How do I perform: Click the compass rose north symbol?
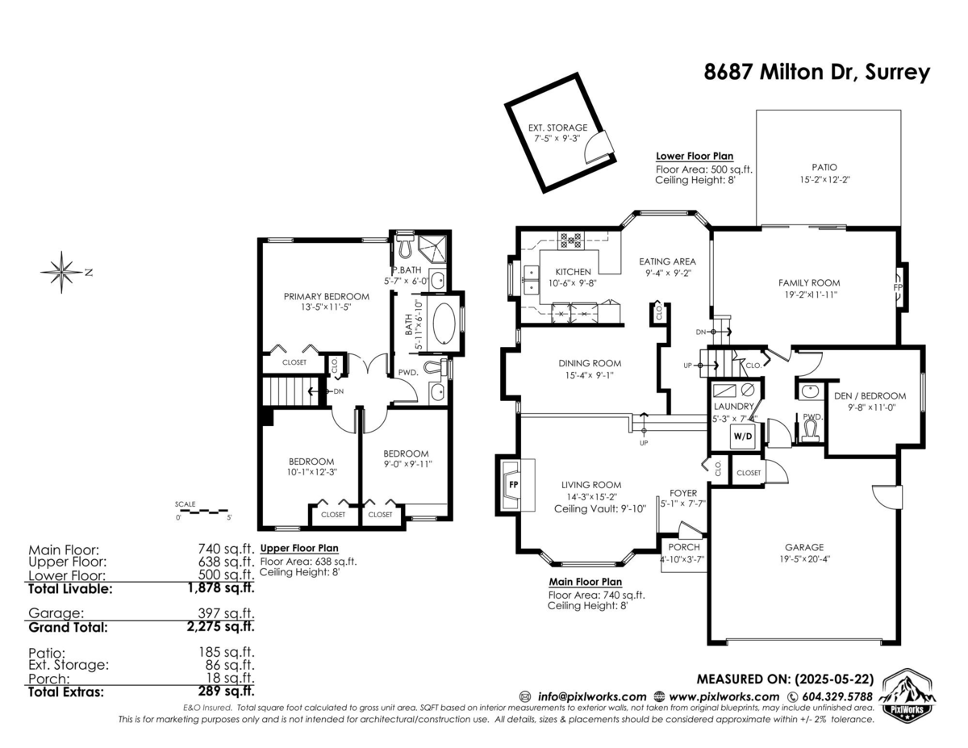pyautogui.click(x=62, y=272)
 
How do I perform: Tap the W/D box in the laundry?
pyautogui.click(x=742, y=437)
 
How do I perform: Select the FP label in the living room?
pyautogui.click(x=514, y=484)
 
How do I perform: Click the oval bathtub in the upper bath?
pyautogui.click(x=444, y=324)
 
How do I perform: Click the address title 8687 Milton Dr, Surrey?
pyautogui.click(x=816, y=72)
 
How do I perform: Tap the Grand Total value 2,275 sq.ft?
pyautogui.click(x=221, y=626)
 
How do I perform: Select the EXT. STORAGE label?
pyautogui.click(x=557, y=127)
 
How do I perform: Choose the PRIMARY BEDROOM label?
pyautogui.click(x=327, y=296)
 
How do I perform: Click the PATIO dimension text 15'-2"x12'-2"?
pyautogui.click(x=824, y=180)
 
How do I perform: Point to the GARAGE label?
pyautogui.click(x=804, y=547)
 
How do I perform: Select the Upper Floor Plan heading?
pyautogui.click(x=299, y=549)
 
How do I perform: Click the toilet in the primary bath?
pyautogui.click(x=405, y=245)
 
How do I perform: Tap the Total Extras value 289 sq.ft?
pyautogui.click(x=227, y=691)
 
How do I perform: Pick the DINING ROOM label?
pyautogui.click(x=590, y=363)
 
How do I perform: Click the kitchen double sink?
pyautogui.click(x=532, y=280)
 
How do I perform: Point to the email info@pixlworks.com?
pyautogui.click(x=592, y=697)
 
